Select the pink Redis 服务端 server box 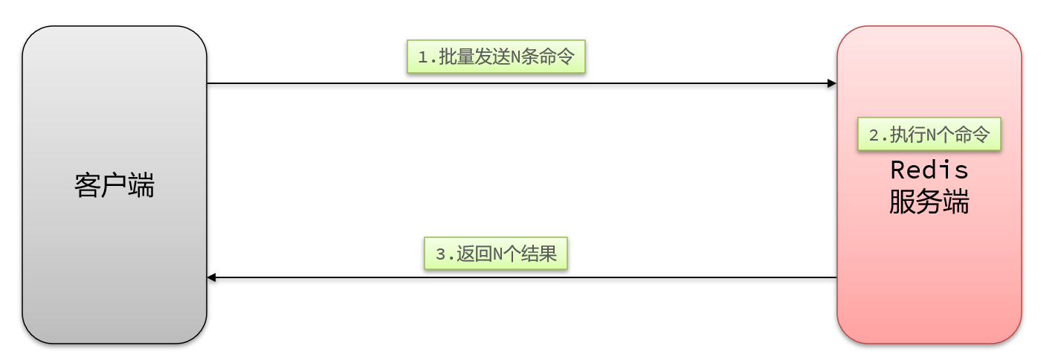[929, 283]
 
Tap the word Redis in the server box [929, 170]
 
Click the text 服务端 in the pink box [929, 202]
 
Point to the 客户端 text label [114, 185]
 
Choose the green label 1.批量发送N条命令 [496, 57]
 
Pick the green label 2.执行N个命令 [929, 135]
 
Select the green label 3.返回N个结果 [496, 254]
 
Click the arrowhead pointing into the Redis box [832, 83]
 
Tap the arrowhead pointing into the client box [212, 277]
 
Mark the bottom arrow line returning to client [520, 277]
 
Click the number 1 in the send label [423, 57]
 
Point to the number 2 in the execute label [874, 135]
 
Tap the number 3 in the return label [440, 255]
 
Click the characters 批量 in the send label [457, 57]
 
